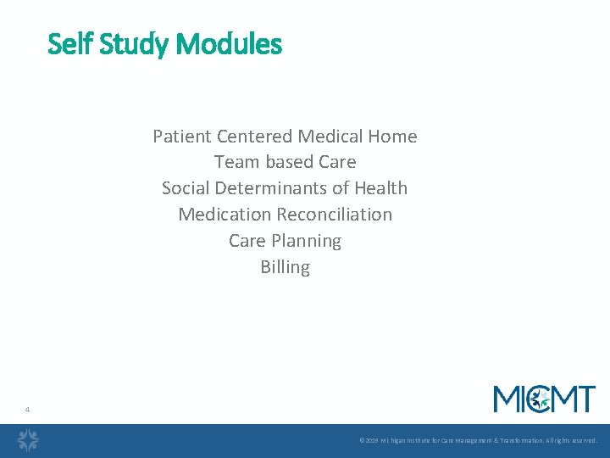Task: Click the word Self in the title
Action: pos(69,43)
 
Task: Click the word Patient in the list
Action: pos(182,136)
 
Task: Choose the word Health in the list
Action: pos(380,188)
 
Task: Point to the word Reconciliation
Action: pos(333,215)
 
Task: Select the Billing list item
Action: pos(285,267)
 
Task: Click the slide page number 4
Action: pos(27,410)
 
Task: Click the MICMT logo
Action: pos(544,399)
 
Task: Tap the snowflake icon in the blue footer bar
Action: pos(29,440)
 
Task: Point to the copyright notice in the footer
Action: pos(478,441)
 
